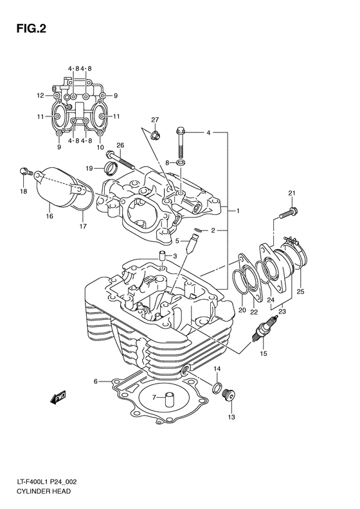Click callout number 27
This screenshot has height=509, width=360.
[155, 120]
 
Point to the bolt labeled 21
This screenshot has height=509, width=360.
[288, 210]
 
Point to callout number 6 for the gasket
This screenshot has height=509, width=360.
[96, 382]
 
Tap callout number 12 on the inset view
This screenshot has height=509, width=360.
[40, 95]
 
